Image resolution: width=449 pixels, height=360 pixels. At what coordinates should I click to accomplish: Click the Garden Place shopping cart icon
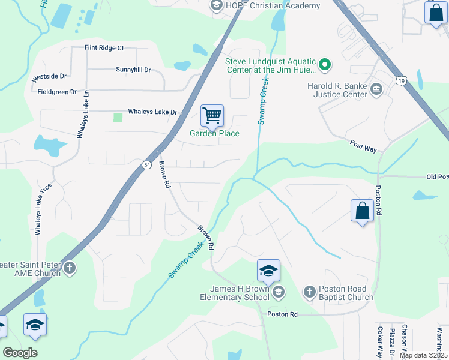[212, 115]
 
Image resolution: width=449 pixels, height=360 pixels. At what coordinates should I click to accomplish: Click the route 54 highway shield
[146, 164]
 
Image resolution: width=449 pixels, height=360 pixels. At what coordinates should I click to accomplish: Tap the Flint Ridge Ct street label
[104, 47]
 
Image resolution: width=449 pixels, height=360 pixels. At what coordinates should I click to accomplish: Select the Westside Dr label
[49, 77]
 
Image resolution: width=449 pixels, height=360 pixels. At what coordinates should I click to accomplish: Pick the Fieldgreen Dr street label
[57, 92]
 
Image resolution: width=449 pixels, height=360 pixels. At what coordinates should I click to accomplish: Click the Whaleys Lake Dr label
[152, 112]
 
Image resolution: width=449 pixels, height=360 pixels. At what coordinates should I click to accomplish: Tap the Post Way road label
[363, 145]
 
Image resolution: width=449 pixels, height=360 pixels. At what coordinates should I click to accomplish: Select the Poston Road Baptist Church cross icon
[309, 292]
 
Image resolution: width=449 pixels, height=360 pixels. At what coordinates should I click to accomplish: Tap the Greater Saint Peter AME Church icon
[70, 268]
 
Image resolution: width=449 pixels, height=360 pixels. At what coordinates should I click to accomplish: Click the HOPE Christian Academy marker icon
[216, 5]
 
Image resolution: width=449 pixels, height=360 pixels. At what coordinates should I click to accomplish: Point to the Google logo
[20, 353]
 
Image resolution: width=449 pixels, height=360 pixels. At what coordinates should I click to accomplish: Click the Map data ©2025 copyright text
[423, 355]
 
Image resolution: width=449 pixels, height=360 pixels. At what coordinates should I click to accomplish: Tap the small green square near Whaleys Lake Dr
[118, 117]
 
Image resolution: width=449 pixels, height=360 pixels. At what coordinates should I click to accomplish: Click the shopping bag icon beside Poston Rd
[362, 211]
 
